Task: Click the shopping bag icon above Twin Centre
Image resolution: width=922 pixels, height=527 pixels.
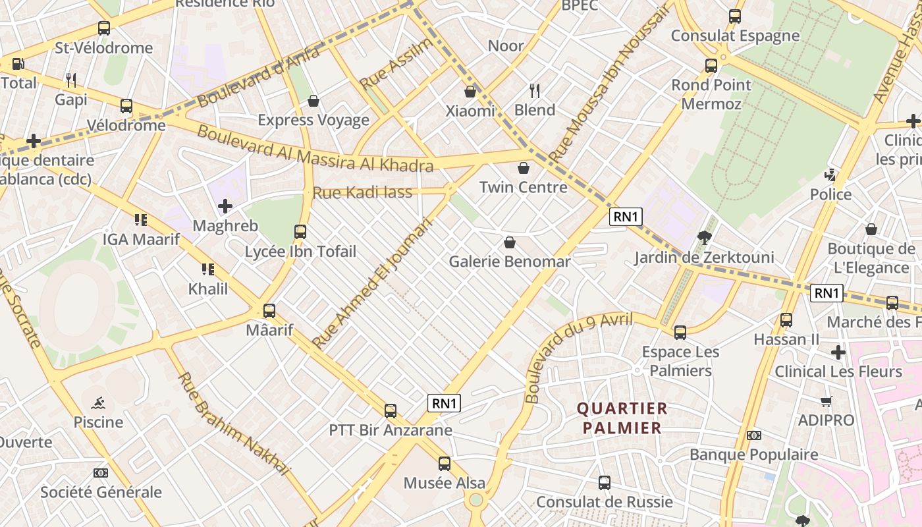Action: [524, 168]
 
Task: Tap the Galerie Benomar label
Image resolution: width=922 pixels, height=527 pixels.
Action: [509, 262]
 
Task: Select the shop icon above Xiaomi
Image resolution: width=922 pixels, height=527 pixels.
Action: [470, 92]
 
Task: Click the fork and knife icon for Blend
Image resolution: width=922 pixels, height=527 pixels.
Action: [535, 90]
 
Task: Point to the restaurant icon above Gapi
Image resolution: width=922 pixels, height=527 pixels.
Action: [71, 80]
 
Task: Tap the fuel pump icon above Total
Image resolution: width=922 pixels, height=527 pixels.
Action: [18, 64]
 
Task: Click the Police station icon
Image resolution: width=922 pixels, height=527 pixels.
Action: [830, 175]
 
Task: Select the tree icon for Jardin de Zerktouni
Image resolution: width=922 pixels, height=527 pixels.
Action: [704, 238]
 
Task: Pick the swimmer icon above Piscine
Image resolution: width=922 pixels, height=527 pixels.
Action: [98, 402]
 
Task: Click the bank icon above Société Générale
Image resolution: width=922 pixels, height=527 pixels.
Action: [101, 473]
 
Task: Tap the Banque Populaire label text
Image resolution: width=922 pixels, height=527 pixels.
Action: [753, 455]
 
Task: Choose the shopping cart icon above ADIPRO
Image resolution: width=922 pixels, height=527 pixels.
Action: [827, 401]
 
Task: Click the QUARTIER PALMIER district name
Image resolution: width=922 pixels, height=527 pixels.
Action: [622, 418]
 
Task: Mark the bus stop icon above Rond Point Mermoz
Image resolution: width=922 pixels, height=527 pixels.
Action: [711, 66]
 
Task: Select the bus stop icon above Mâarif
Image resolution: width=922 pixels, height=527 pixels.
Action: [269, 311]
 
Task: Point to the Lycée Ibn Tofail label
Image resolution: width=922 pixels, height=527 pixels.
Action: [300, 252]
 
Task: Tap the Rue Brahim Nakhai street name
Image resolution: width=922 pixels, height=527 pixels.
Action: [234, 424]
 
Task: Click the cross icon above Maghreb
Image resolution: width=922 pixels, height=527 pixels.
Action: [225, 206]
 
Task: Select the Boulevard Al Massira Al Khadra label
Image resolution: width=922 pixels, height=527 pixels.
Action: [315, 149]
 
